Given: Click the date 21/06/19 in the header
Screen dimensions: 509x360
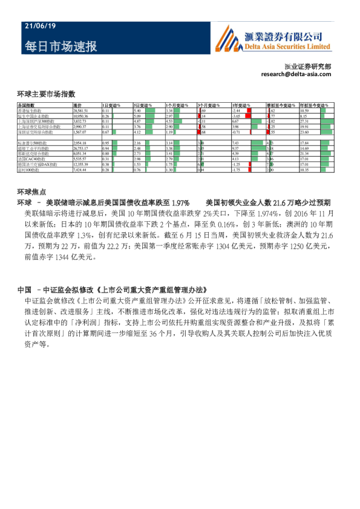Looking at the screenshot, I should (40, 27).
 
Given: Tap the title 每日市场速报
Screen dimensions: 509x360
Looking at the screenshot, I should (61, 46).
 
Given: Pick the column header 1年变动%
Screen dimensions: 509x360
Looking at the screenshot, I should (240, 106).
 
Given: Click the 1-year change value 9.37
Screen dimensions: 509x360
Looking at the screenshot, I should (236, 148).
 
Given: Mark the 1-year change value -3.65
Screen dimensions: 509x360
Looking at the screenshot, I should (237, 116).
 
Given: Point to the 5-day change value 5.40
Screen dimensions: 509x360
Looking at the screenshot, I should (137, 111).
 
